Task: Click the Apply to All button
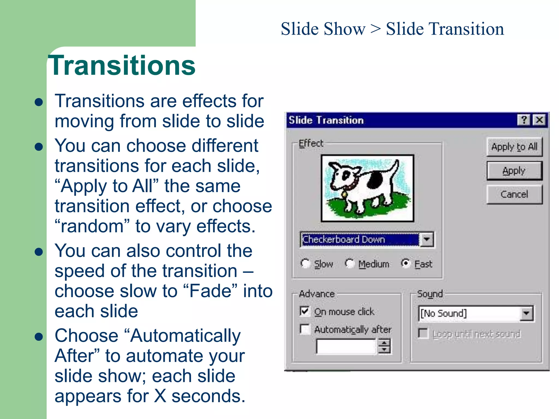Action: click(x=514, y=147)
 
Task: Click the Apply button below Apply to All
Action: click(x=514, y=171)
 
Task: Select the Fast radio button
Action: click(x=406, y=263)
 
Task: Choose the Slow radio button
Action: click(x=305, y=263)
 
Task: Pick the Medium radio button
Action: click(x=349, y=263)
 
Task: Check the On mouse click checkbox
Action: click(x=305, y=311)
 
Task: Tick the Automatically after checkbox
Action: click(x=305, y=329)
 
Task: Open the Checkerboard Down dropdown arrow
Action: click(x=427, y=240)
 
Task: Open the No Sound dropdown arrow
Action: click(x=526, y=313)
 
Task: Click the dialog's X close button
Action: click(x=539, y=120)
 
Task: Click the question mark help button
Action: click(x=524, y=120)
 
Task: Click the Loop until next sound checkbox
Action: click(x=423, y=333)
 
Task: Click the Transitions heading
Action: click(x=122, y=65)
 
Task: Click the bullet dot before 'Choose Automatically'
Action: click(x=39, y=337)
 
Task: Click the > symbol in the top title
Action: click(x=375, y=29)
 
